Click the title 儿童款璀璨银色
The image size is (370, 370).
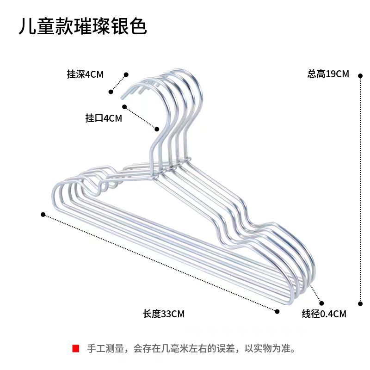pos(82,27)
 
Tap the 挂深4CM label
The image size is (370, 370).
pos(85,74)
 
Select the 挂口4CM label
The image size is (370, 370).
pos(104,118)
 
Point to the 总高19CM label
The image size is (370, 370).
pos(328,74)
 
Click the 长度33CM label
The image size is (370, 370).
pos(164,314)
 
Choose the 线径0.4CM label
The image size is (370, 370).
pos(324,314)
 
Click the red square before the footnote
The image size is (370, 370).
pos(76,348)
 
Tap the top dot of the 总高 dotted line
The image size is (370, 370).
pos(360,74)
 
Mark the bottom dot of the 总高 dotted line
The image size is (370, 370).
pos(360,304)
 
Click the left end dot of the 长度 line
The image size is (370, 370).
pos(43,214)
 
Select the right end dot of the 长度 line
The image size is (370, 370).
pos(277,311)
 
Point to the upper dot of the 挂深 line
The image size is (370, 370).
pos(126,74)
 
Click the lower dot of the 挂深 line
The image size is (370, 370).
pos(111,92)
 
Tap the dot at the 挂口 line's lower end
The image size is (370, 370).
pos(157,129)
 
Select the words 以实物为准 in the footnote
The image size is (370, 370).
pos(269,348)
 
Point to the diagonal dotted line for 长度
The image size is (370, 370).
pos(160,263)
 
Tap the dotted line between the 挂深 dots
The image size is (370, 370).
pos(118,83)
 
